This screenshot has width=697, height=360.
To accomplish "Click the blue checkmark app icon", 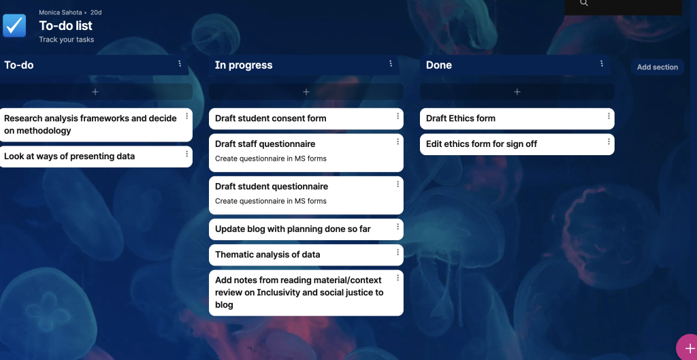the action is click(x=14, y=25).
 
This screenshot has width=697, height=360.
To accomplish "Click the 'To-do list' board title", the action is click(x=66, y=26).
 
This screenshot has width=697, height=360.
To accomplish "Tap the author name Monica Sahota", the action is click(x=61, y=12).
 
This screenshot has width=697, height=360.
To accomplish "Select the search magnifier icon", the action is click(x=584, y=3).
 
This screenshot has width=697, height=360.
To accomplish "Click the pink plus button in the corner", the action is click(x=688, y=348).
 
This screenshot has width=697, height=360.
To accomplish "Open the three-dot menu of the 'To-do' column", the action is click(x=180, y=63).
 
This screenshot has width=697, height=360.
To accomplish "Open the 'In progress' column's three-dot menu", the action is click(x=391, y=63).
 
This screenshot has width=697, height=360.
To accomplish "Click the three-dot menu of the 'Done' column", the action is click(x=602, y=63).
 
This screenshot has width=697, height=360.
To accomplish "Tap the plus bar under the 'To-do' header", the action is click(x=95, y=92).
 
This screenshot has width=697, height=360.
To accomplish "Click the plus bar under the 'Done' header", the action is click(x=517, y=92).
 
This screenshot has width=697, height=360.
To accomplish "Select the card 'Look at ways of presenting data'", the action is click(x=95, y=157).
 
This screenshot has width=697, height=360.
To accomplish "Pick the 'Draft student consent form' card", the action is click(x=306, y=118).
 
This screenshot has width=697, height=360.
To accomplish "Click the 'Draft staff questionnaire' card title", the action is click(x=265, y=144).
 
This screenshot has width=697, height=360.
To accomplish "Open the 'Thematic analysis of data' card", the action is click(x=306, y=255).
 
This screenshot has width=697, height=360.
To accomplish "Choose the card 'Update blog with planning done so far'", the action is click(x=306, y=229).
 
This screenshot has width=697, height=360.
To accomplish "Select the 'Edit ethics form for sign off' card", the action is click(x=517, y=144).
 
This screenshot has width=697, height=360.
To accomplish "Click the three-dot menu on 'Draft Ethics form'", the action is click(x=609, y=116).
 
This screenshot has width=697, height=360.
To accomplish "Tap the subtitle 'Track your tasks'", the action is click(x=66, y=39).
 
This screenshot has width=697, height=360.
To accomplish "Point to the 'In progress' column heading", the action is click(x=244, y=65).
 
